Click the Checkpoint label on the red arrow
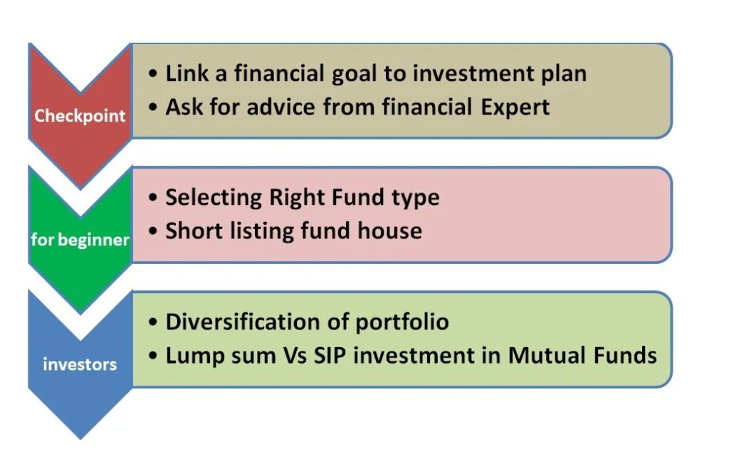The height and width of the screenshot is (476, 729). (80, 116)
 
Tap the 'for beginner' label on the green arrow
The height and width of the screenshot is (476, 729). (80, 239)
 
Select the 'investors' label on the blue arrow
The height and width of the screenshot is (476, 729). (80, 364)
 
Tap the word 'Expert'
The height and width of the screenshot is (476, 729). (515, 107)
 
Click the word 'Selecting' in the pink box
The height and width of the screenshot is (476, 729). (214, 198)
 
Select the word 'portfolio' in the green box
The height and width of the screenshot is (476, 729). (402, 322)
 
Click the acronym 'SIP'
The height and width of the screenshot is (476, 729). (330, 356)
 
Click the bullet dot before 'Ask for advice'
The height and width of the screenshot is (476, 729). (153, 107)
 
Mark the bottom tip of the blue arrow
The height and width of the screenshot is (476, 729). (80, 439)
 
